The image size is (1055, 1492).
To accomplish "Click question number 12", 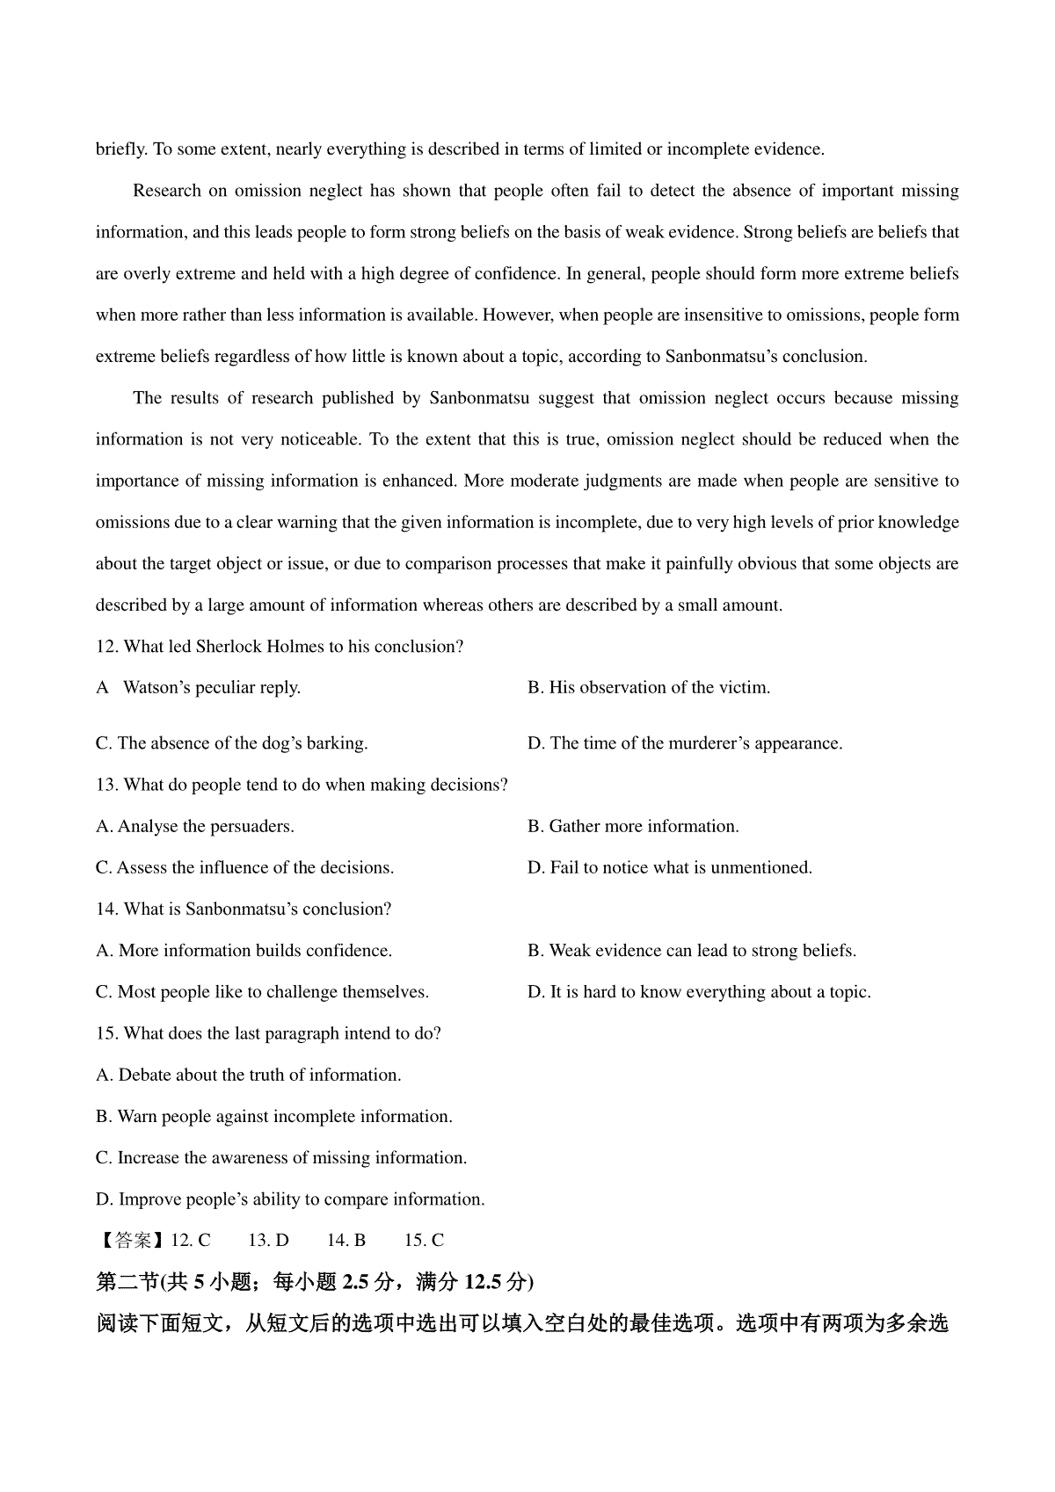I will pyautogui.click(x=107, y=647).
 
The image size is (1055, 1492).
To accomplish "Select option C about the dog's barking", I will pyautogui.click(x=231, y=743).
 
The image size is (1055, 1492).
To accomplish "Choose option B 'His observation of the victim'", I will pyautogui.click(x=649, y=688).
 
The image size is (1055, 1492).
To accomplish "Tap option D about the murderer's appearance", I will pyautogui.click(x=685, y=743).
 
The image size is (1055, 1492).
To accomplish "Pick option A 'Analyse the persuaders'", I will pyautogui.click(x=195, y=826).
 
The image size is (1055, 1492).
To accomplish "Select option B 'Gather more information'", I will pyautogui.click(x=633, y=826).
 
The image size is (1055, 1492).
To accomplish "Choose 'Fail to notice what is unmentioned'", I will pyautogui.click(x=670, y=867).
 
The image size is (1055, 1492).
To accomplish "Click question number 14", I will pyautogui.click(x=107, y=909).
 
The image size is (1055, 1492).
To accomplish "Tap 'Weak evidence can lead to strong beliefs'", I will pyautogui.click(x=692, y=951).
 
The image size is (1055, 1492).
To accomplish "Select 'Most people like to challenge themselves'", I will pyautogui.click(x=262, y=992).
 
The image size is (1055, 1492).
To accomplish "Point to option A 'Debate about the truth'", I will pyautogui.click(x=249, y=1075).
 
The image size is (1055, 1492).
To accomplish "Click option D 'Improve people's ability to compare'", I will pyautogui.click(x=290, y=1199).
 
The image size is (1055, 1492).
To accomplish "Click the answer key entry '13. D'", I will pyautogui.click(x=268, y=1241).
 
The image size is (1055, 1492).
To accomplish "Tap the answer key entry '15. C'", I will pyautogui.click(x=424, y=1241).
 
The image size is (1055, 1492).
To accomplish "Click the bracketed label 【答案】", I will pyautogui.click(x=132, y=1241).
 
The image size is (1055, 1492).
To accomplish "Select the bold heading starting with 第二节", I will pyautogui.click(x=315, y=1282).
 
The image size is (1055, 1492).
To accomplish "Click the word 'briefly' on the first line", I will pyautogui.click(x=121, y=149).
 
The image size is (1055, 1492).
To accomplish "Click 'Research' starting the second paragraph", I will pyautogui.click(x=166, y=191).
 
